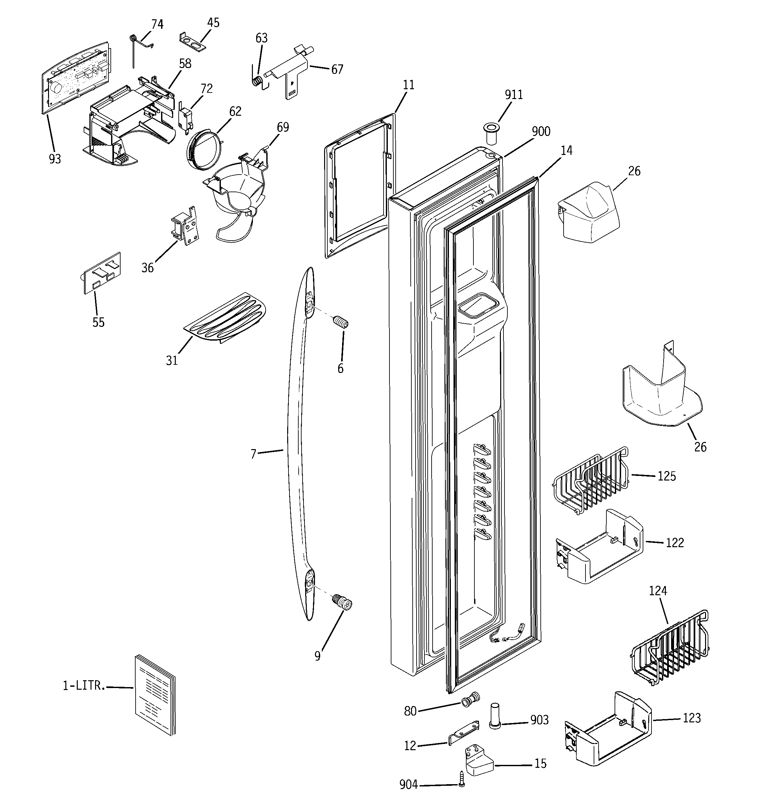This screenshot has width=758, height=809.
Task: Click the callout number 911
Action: tap(514, 95)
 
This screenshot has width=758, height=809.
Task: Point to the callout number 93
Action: tap(55, 159)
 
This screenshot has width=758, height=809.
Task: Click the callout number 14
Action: tap(566, 151)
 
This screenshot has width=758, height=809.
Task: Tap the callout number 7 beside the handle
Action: tap(254, 454)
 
